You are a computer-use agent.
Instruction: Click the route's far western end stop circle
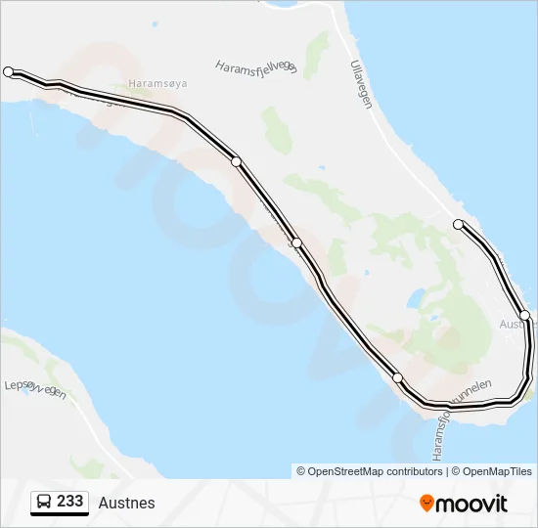tap(9, 71)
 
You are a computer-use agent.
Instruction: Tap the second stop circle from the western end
tap(236, 161)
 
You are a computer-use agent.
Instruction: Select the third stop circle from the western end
tap(296, 243)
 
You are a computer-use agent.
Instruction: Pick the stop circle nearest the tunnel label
tap(397, 377)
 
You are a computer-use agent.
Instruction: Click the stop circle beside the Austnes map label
tap(525, 315)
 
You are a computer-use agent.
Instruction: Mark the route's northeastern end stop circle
tap(458, 225)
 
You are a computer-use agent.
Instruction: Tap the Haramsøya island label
tap(157, 84)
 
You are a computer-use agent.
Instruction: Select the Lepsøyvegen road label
tap(35, 387)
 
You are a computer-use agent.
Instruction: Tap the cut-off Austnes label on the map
tap(516, 324)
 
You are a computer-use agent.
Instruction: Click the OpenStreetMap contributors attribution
tap(370, 471)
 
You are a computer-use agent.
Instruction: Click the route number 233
tap(69, 502)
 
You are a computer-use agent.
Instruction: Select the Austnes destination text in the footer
tap(126, 504)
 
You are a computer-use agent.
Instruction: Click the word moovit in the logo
tap(471, 504)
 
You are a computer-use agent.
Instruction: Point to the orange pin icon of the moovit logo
tap(426, 504)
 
